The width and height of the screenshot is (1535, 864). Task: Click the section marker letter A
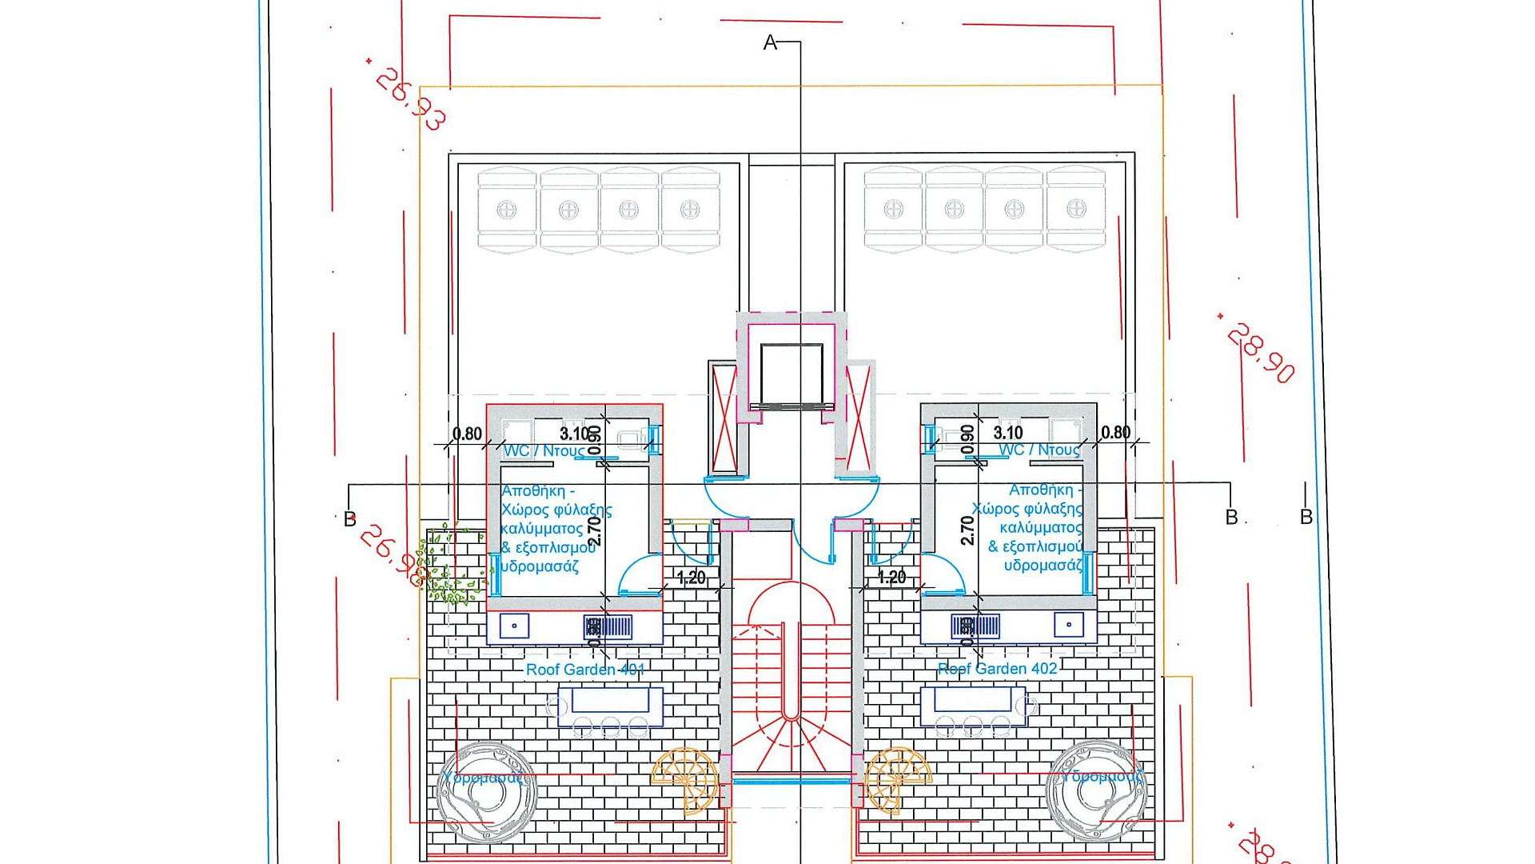click(x=770, y=43)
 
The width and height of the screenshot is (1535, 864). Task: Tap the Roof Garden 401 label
click(x=584, y=670)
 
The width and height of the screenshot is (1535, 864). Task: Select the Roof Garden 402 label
click(x=997, y=669)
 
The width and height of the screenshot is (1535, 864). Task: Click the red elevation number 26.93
click(x=409, y=98)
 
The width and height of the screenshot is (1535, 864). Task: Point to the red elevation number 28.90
click(x=1260, y=353)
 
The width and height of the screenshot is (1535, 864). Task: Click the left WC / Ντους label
click(x=543, y=451)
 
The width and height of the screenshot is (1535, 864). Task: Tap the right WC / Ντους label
click(x=1039, y=450)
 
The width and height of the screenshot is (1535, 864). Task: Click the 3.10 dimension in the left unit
click(x=574, y=434)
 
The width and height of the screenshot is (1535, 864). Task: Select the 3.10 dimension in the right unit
click(x=1008, y=433)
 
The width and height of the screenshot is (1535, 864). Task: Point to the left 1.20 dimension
click(x=691, y=578)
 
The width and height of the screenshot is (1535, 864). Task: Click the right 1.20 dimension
click(x=891, y=578)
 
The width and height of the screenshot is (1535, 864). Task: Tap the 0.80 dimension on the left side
click(x=467, y=434)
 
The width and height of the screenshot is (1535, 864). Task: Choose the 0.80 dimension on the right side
click(x=1115, y=433)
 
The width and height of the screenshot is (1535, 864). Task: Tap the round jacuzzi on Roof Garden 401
click(x=486, y=792)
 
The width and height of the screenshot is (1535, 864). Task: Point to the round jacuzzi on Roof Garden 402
click(x=1096, y=790)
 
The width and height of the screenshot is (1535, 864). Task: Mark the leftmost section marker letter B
click(x=349, y=519)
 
